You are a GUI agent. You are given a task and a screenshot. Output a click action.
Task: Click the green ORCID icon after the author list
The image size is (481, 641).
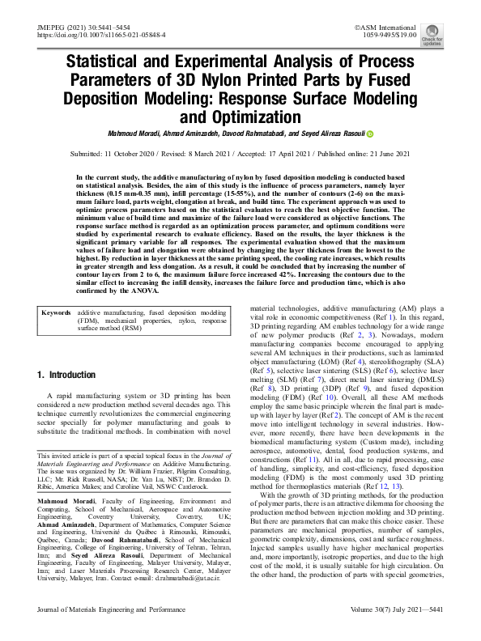click(370, 134)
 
